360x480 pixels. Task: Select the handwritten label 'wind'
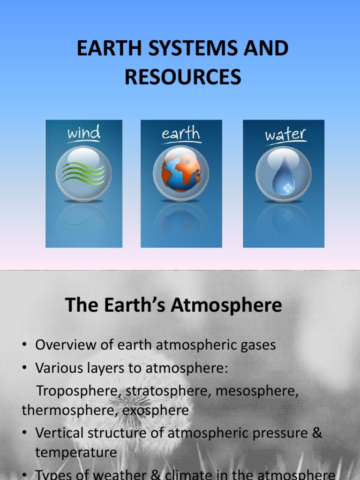pyautogui.click(x=84, y=133)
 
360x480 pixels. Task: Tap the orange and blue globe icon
pyautogui.click(x=181, y=172)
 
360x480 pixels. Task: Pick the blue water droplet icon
pyautogui.click(x=283, y=174)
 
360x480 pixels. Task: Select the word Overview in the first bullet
pyautogui.click(x=62, y=345)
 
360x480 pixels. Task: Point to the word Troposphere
pyautogui.click(x=76, y=390)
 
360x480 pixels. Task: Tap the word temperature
pyautogui.click(x=76, y=452)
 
